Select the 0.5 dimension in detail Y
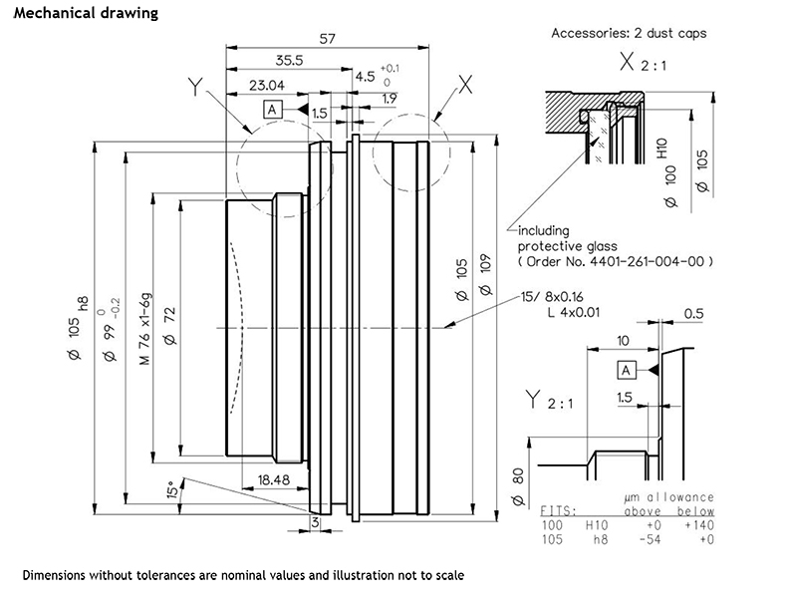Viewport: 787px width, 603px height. pyautogui.click(x=693, y=314)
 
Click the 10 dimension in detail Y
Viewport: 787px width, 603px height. pyautogui.click(x=623, y=340)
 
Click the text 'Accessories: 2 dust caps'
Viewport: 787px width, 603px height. pyautogui.click(x=629, y=33)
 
